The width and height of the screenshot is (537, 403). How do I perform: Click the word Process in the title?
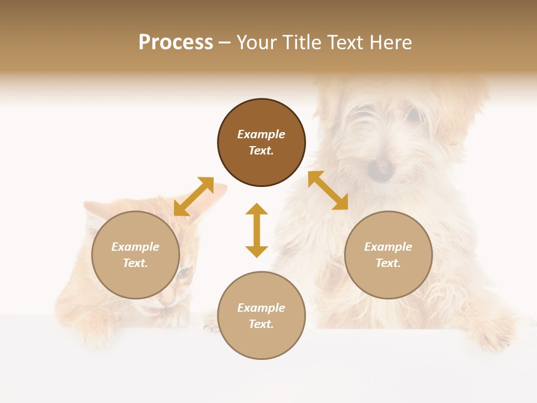176,43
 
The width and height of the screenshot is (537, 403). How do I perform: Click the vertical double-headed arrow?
257,230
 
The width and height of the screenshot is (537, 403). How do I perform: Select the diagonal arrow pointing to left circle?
194,196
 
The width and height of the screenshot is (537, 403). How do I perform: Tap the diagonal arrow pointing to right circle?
328,190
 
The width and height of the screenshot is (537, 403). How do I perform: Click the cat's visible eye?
184,273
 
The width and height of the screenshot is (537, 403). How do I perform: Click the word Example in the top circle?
261,134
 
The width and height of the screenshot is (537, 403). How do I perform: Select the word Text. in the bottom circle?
261,324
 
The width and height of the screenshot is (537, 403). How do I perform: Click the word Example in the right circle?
388,247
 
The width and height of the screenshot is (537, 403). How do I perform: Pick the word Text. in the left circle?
135,263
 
